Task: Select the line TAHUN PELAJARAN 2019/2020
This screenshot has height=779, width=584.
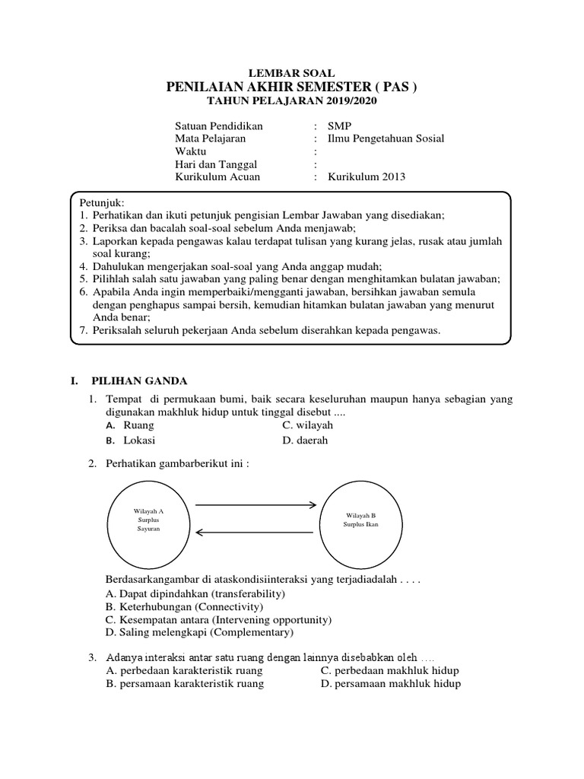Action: [293, 101]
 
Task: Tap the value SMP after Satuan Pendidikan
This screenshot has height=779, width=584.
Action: [340, 126]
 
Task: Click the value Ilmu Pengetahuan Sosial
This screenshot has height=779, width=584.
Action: [386, 138]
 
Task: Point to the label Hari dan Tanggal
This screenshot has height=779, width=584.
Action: [216, 164]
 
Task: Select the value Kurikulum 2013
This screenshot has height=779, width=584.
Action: [367, 177]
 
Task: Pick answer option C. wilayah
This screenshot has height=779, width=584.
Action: [307, 425]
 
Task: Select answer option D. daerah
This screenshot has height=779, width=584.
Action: [305, 440]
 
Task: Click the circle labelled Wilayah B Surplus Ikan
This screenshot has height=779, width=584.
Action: [361, 520]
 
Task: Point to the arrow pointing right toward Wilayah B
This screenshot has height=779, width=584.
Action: [256, 504]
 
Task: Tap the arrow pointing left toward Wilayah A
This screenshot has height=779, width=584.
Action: [256, 532]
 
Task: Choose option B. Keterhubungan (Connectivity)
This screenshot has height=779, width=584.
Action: [185, 606]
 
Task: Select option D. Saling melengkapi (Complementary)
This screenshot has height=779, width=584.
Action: [198, 632]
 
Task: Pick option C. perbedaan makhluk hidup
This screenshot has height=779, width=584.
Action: [390, 670]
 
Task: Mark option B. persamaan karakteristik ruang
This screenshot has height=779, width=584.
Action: [186, 684]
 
